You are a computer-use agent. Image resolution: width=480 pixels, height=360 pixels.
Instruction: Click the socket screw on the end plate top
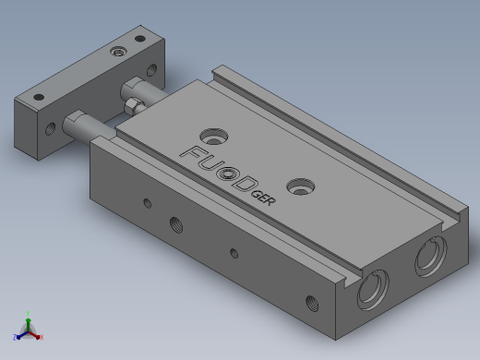[119, 52]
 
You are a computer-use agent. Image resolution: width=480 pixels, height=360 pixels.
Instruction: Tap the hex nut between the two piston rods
[134, 105]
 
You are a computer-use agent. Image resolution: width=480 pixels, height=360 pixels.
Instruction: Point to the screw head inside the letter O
[228, 174]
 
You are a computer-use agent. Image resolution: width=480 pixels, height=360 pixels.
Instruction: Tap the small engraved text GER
[263, 198]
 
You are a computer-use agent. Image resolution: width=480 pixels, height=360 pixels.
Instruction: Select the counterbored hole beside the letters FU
[214, 137]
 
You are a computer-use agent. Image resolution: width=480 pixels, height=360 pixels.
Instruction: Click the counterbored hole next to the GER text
[301, 186]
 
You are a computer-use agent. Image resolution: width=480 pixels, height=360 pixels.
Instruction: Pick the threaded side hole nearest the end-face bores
[312, 303]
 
